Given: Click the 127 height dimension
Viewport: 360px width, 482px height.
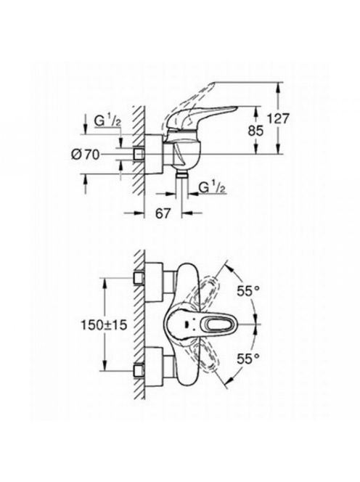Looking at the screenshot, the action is tap(278, 118).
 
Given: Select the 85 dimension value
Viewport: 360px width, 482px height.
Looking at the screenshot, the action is tap(255, 131).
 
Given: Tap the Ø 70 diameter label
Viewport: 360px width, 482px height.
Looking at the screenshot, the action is tap(86, 155).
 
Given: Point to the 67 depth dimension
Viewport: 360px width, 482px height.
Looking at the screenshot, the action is tap(163, 213).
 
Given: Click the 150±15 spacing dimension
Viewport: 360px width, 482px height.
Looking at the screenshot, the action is tap(104, 325).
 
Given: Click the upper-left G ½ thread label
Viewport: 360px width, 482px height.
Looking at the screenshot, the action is tap(107, 121).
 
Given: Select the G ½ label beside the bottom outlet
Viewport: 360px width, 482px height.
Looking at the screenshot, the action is tap(213, 188).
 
